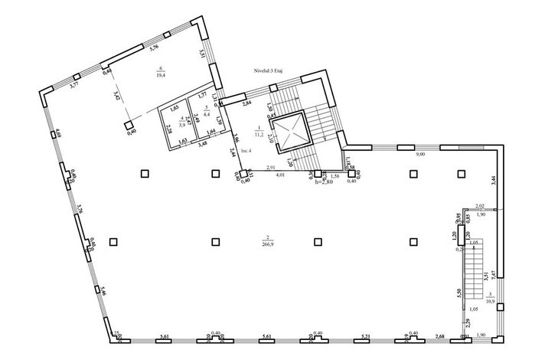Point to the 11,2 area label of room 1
(x=259, y=133)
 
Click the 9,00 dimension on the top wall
(x=420, y=154)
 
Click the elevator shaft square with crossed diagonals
(x=288, y=129)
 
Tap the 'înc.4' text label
(x=246, y=152)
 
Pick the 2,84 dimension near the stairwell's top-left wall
(x=247, y=102)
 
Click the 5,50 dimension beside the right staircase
(x=456, y=293)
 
